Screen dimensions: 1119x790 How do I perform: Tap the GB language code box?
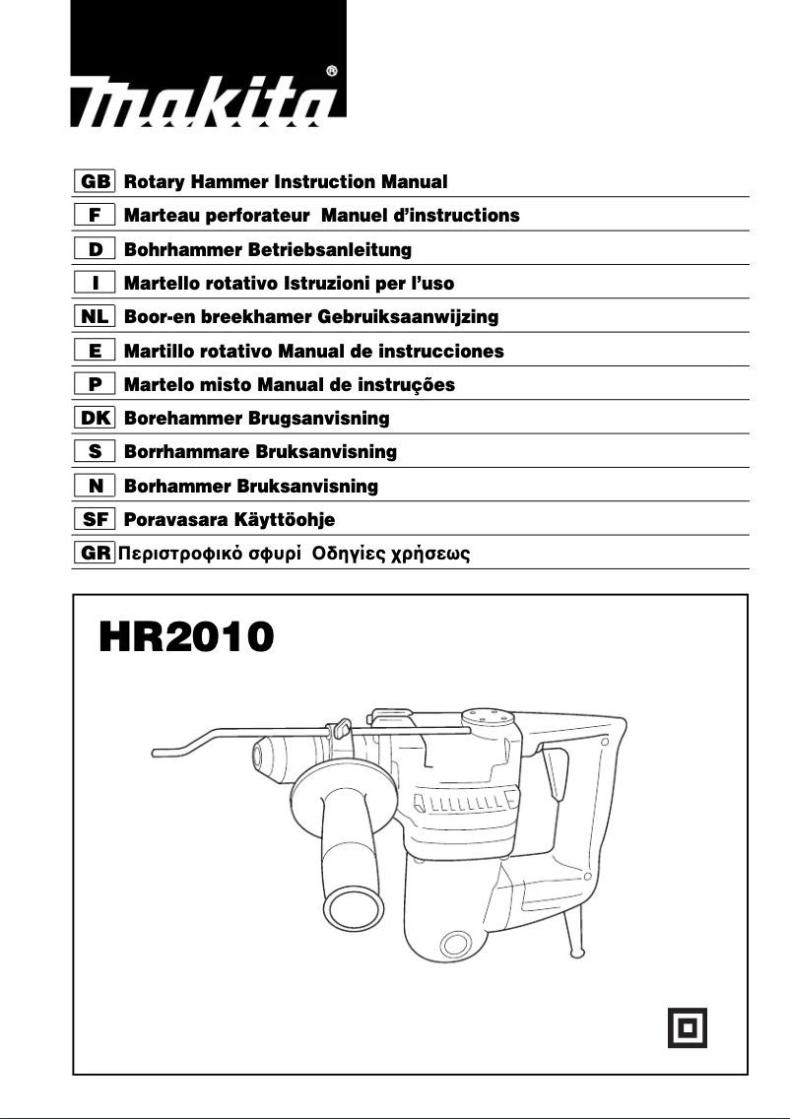[x=95, y=182]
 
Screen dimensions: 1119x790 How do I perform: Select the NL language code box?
[x=95, y=317]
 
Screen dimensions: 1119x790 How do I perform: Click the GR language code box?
[x=95, y=553]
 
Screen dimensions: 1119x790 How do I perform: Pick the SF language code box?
[x=95, y=519]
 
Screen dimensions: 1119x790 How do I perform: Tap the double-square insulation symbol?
[x=687, y=1027]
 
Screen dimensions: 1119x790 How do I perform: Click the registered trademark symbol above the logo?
[x=332, y=71]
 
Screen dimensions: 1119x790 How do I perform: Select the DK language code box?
[x=95, y=419]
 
